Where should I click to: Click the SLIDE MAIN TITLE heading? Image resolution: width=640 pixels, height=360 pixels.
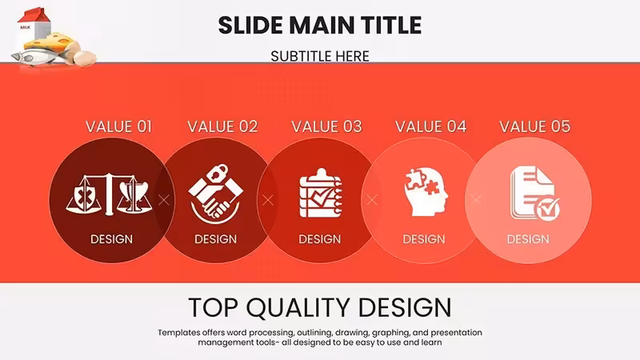point(319,26)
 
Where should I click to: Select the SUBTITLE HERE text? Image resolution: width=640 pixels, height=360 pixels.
point(320,56)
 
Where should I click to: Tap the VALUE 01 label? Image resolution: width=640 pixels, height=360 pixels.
point(118,126)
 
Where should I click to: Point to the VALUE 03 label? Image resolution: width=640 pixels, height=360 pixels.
point(326,126)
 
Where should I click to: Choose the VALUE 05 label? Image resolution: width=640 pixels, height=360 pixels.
point(534,126)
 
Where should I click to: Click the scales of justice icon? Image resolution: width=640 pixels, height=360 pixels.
point(109,194)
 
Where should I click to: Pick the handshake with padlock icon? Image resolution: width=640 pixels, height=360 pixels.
point(215,194)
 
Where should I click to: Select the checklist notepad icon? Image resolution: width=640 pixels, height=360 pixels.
point(321,193)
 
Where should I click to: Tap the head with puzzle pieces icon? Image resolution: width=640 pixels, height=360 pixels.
point(426,192)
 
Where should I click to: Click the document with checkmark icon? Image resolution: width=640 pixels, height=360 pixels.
point(534,193)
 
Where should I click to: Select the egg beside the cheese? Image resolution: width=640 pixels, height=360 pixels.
point(85,57)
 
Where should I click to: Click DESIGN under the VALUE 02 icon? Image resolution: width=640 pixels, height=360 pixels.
point(215,239)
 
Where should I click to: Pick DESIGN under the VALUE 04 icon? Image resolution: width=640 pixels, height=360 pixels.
point(424,239)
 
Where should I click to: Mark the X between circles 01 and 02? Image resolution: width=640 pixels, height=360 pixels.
point(164,200)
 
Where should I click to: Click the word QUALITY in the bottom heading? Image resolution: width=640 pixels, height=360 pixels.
point(298,308)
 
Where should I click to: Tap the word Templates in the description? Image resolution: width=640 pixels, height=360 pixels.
point(178,333)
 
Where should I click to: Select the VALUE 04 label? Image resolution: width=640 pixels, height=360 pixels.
point(430,126)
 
